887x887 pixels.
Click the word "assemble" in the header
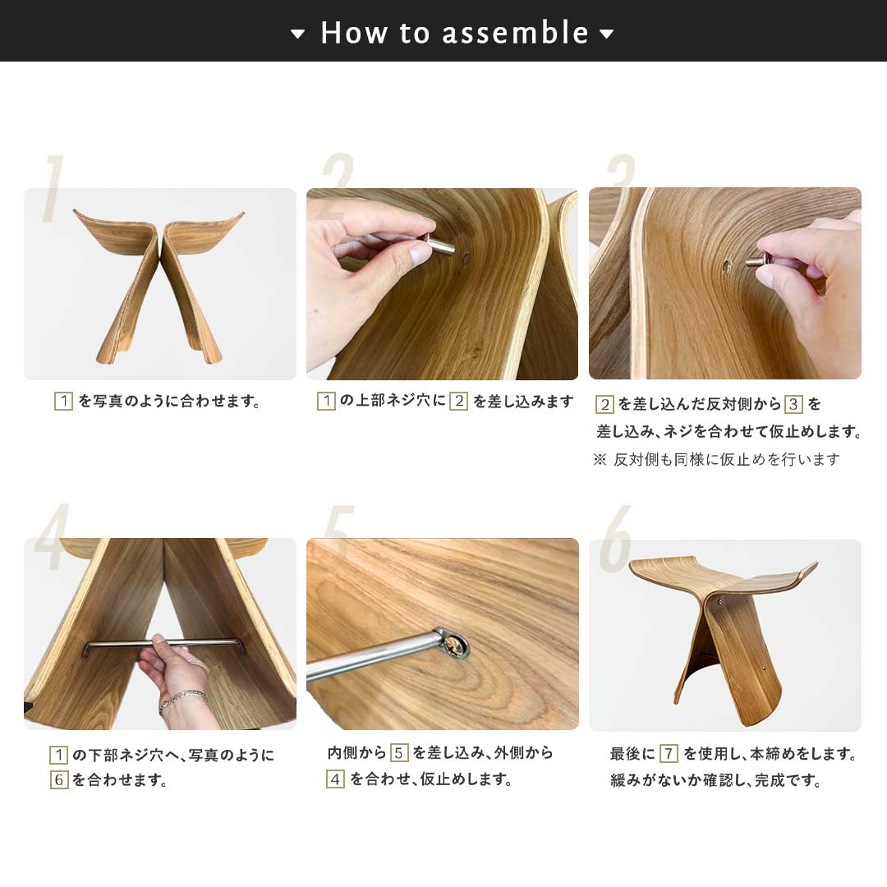coord(515,33)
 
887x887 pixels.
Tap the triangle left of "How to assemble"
coord(297,34)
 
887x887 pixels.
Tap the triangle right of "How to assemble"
coord(606,34)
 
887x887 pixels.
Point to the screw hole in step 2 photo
coord(466,259)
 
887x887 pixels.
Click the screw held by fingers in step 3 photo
coord(759,261)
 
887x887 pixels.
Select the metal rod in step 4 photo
coord(164,645)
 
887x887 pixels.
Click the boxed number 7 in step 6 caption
coord(669,753)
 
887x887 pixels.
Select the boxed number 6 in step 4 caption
coord(59,779)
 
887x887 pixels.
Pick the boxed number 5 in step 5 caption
coord(399,753)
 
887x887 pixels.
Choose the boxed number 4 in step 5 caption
coord(335,779)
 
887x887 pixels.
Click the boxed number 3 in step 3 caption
coord(793,404)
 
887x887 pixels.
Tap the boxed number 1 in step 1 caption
coord(63,401)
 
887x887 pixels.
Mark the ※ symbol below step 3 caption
coord(600,459)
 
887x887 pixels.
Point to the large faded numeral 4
coord(52,536)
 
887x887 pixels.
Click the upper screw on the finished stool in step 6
coord(719,601)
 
